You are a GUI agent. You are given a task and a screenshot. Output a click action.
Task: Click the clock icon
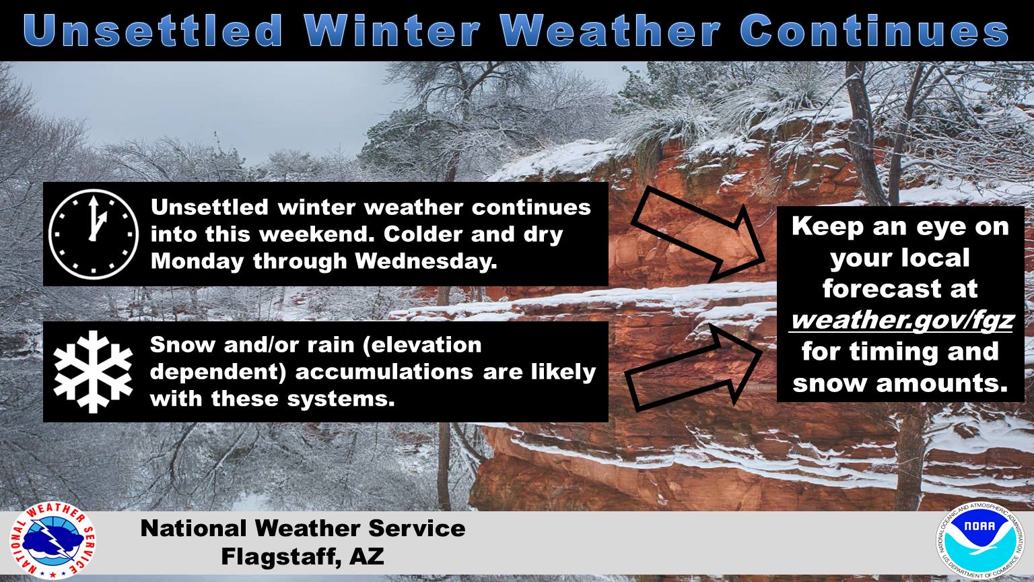[x=94, y=234]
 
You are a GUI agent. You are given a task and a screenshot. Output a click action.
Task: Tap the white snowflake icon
[x=94, y=371]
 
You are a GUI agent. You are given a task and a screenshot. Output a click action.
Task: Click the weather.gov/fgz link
[x=901, y=320]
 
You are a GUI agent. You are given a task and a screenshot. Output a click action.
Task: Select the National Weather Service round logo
[x=53, y=541]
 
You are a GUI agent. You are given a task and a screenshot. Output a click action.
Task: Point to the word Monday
[x=197, y=262]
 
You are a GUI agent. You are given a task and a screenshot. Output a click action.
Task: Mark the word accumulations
[x=384, y=373]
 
